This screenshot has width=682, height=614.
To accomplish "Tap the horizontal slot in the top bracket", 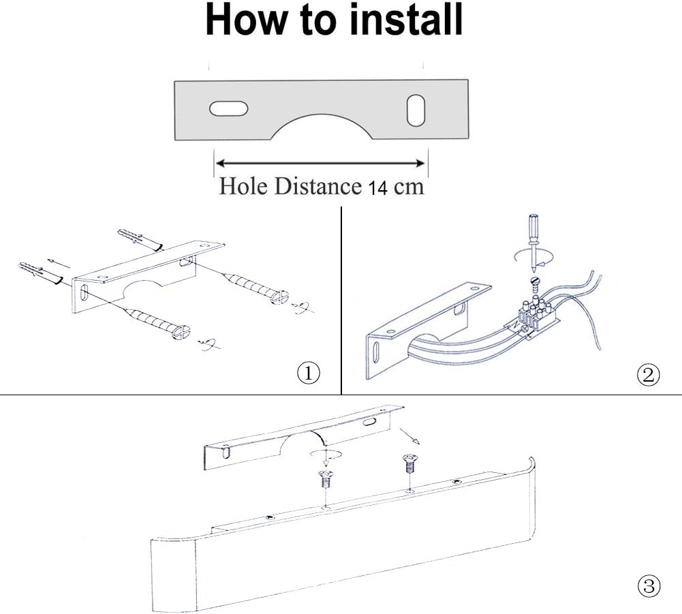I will pos(229,108).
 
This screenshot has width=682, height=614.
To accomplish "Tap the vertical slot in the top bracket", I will pos(416,110).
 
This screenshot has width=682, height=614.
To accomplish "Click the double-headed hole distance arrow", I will pos(320,163).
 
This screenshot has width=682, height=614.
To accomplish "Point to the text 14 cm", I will pos(396,187).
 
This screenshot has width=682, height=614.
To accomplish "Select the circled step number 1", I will pos(309,373).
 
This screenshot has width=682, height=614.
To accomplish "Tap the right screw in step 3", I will pos(409,467).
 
